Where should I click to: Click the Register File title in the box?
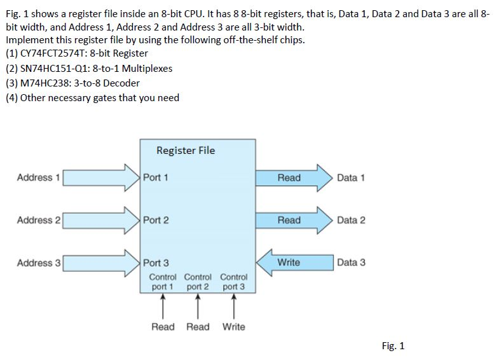pos(186,151)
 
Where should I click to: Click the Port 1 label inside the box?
pos(156,177)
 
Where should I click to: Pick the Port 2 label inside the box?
pos(156,220)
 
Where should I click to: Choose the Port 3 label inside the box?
pos(156,263)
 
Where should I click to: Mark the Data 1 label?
pos(351,177)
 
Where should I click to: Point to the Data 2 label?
pos(351,220)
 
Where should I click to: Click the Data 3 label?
pos(351,263)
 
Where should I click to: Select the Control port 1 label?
pos(163,282)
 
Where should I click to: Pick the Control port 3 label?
pos(234,282)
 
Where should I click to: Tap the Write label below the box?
pos(234,327)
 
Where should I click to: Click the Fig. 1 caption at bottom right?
pos(393,346)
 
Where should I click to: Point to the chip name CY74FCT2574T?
pos(53,53)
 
